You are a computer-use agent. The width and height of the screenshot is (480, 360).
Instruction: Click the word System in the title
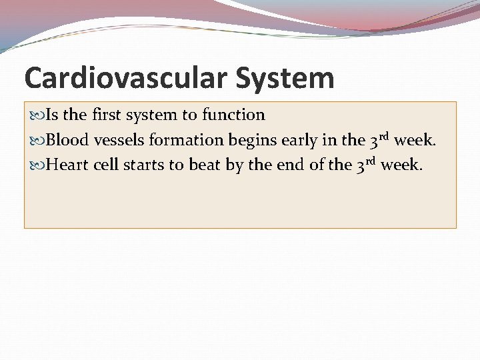click(284, 78)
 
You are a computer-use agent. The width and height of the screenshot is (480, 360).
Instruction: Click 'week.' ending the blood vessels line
click(416, 140)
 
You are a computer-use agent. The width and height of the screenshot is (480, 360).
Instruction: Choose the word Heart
click(67, 165)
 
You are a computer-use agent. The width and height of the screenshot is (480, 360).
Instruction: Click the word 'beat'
click(205, 165)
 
